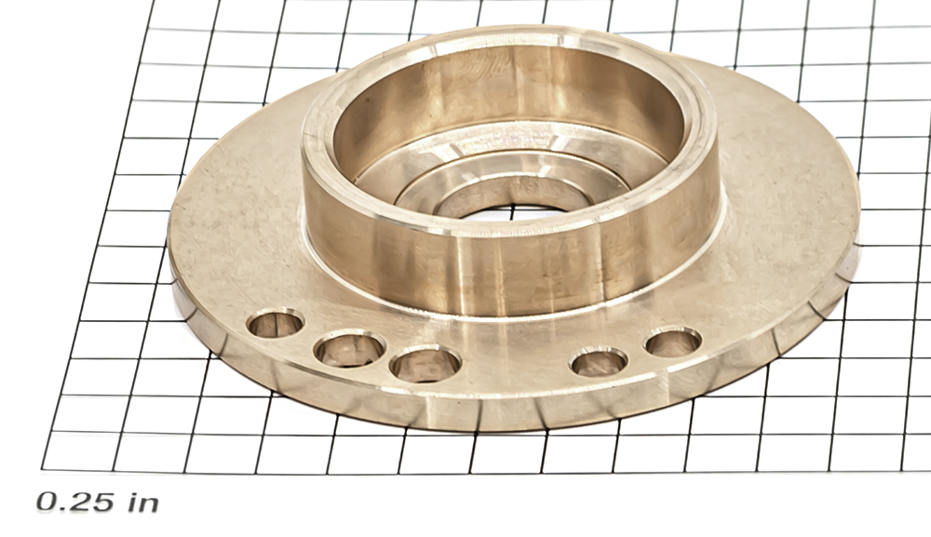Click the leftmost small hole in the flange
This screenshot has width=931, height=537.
click(275, 324)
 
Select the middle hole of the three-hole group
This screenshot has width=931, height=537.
click(349, 350)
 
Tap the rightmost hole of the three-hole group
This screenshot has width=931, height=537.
click(425, 363)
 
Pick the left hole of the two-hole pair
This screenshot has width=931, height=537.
click(599, 362)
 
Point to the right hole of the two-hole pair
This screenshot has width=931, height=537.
click(674, 342)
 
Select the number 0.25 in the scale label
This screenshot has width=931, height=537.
click(74, 502)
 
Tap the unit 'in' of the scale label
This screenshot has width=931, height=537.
click(143, 502)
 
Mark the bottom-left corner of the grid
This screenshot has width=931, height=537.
click(42, 469)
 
